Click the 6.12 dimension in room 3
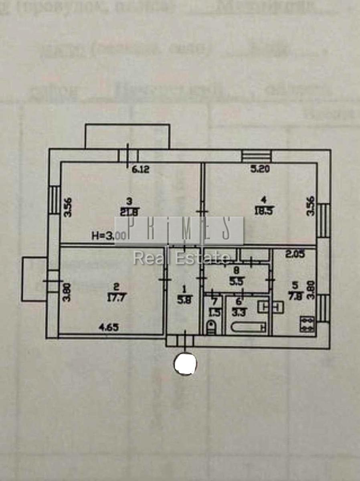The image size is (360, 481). pyautogui.click(x=140, y=170)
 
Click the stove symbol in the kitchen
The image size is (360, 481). pyautogui.click(x=307, y=324)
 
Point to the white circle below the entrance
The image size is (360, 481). pyautogui.click(x=185, y=364)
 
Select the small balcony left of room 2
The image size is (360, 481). pyautogui.click(x=34, y=279)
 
